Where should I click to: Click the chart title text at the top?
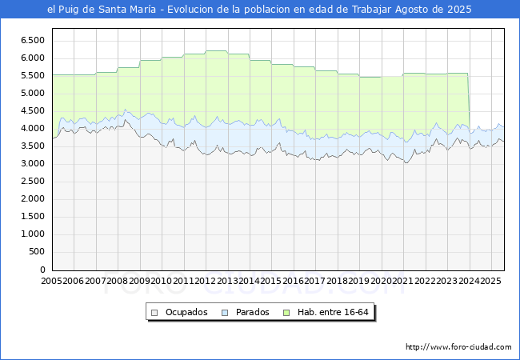pyautogui.click(x=259, y=10)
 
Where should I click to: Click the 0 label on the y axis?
pyautogui.click(x=42, y=270)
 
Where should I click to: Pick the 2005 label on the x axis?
pyautogui.click(x=52, y=281)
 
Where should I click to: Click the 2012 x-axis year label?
pyautogui.click(x=205, y=281)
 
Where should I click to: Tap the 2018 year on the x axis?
pyautogui.click(x=336, y=281)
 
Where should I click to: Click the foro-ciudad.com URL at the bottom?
pyautogui.click(x=458, y=347)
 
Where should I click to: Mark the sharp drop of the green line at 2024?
pyautogui.click(x=469, y=100)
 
